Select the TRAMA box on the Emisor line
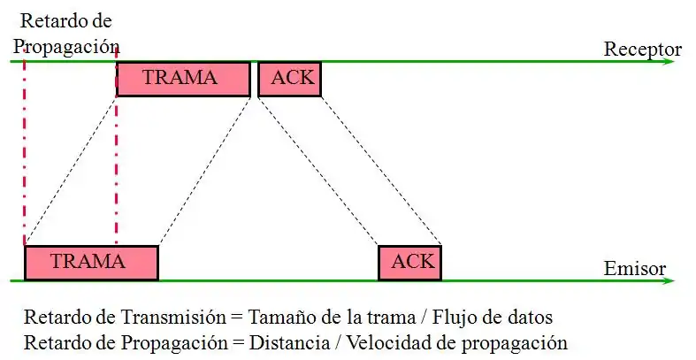pos(90,262)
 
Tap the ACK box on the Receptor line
pos(289,79)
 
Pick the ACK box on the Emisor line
pos(408,262)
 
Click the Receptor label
pos(642,49)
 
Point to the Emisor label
pos(634,269)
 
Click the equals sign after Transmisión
pos(234,318)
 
